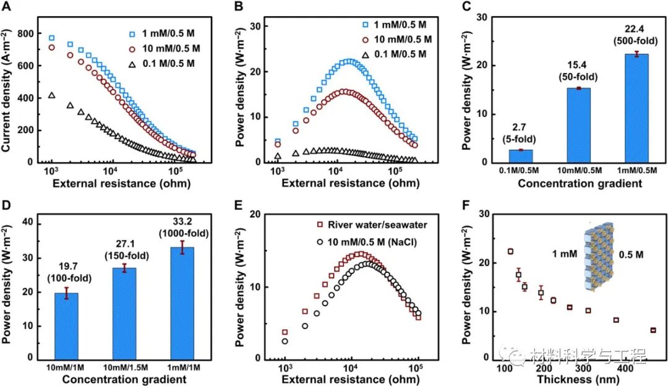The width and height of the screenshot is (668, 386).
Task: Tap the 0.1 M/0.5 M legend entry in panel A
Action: point(161,64)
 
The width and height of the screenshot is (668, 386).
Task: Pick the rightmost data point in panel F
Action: point(653,330)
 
